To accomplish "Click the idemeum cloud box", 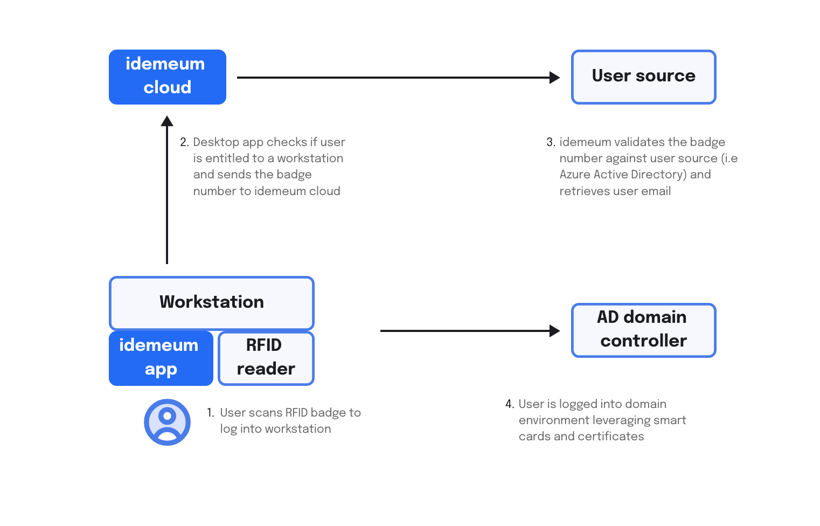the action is coord(168,77).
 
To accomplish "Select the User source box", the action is coord(643,77).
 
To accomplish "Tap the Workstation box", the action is coord(212,303).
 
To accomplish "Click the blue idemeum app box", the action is coord(161,358).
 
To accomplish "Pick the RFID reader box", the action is coord(266,358).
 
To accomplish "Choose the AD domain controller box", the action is coord(643,330).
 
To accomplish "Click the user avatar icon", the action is coord(167,422).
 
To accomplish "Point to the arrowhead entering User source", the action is coord(554,77).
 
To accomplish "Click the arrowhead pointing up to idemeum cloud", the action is coord(167,121).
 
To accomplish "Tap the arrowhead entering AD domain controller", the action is coord(554,331).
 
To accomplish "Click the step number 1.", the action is coord(210,413).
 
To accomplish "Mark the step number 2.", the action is coord(184,142).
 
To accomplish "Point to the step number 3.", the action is coord(551,142).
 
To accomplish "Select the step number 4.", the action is coord(510,404).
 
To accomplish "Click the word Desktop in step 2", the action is coord(216,142).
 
